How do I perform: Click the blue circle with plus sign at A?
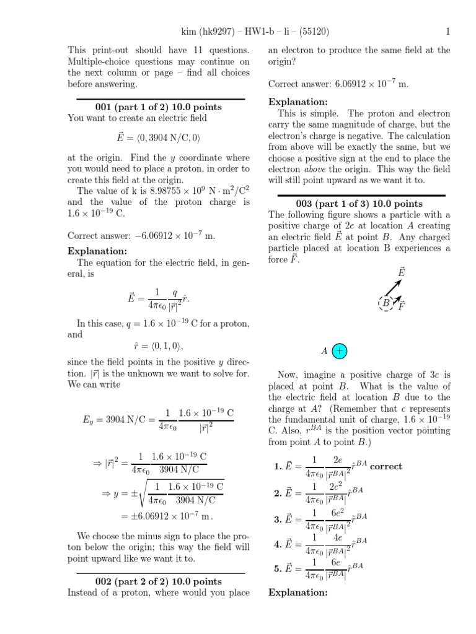(x=340, y=351)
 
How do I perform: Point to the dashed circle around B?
(x=386, y=303)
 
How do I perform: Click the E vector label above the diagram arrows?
(x=402, y=272)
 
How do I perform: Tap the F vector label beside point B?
(x=402, y=306)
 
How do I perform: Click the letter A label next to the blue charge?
(x=324, y=351)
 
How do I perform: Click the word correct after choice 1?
(x=386, y=466)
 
